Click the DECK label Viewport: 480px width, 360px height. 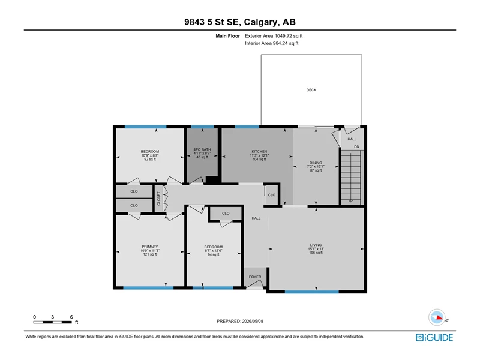[x=311, y=90]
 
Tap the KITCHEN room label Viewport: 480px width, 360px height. [x=259, y=152]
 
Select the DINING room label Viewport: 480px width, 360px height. [x=316, y=163]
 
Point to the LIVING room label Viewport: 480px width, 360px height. [x=316, y=245]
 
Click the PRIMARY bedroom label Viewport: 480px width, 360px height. [x=149, y=247]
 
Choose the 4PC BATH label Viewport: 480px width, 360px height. [x=202, y=149]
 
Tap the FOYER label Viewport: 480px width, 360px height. [x=255, y=277]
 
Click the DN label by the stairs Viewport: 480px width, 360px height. [x=356, y=147]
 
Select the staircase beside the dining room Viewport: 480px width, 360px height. [x=351, y=177]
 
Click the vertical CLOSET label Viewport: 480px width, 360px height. [x=158, y=199]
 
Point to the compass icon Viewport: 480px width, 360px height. [x=437, y=317]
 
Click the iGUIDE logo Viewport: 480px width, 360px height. [x=434, y=337]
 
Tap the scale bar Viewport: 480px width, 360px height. [x=52, y=322]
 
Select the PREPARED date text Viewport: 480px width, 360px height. [x=239, y=321]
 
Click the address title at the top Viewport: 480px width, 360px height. [x=240, y=22]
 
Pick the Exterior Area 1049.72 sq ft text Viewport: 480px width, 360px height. [x=274, y=36]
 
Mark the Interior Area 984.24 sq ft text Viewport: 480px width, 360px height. [x=272, y=43]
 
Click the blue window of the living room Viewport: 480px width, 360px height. [x=312, y=292]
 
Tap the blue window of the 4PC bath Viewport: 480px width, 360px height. [x=202, y=127]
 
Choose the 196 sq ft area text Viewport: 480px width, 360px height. [x=316, y=253]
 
